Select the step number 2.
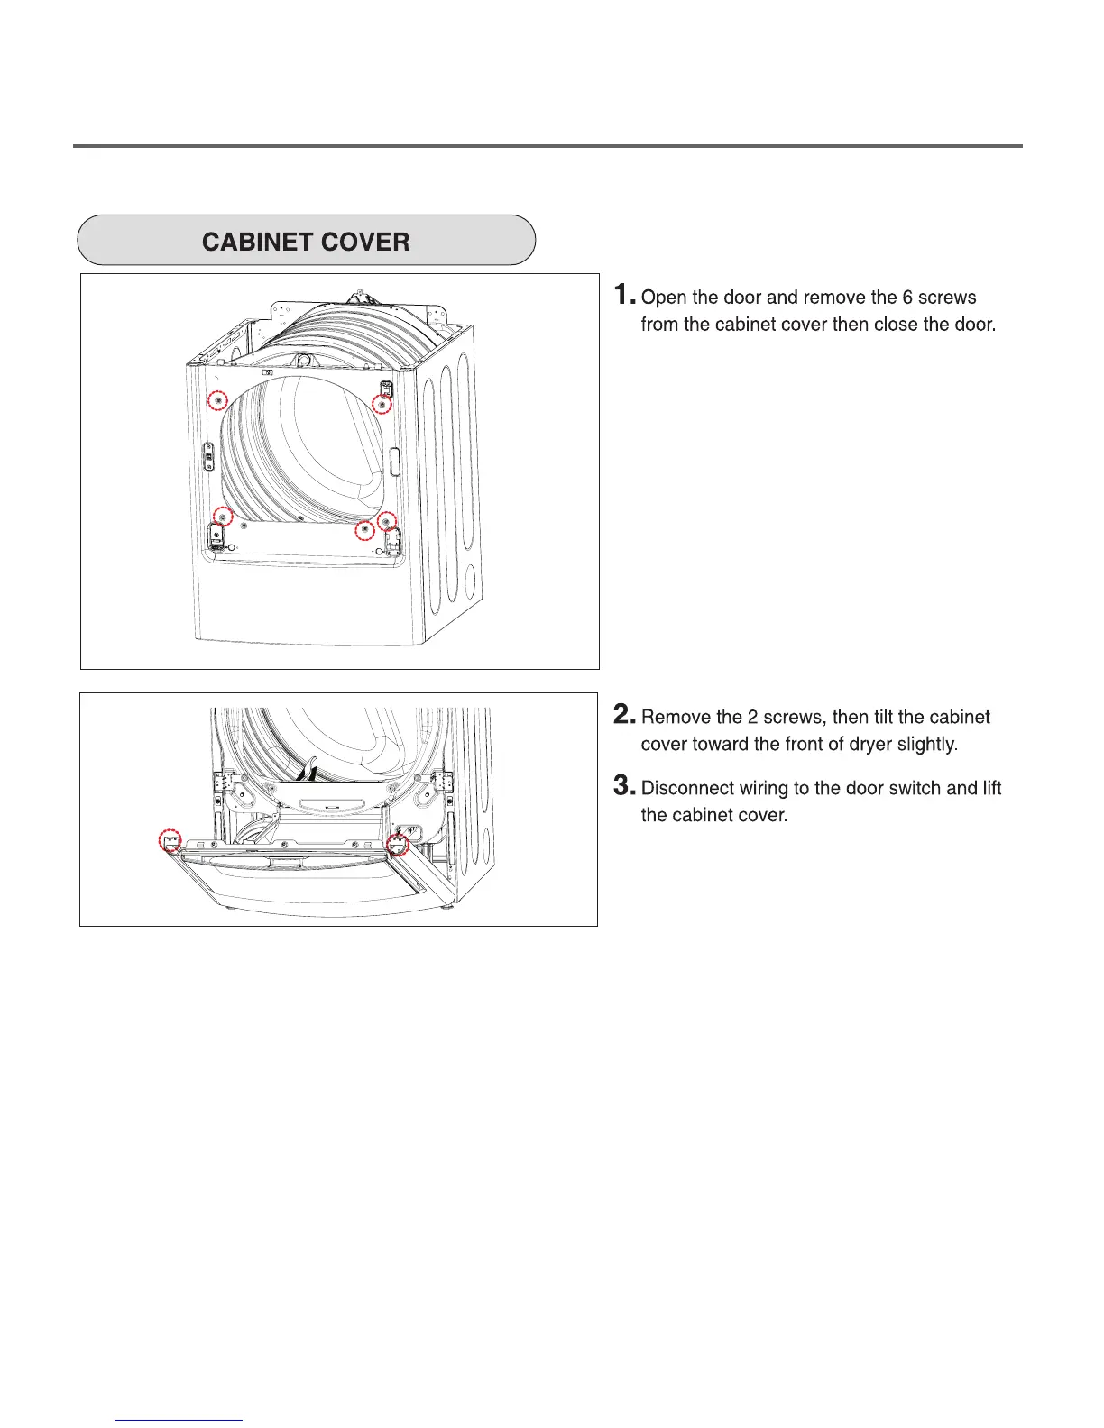pyautogui.click(x=624, y=715)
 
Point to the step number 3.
pyautogui.click(x=624, y=786)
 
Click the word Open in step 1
pyautogui.click(x=664, y=297)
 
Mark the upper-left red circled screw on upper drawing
pyautogui.click(x=217, y=400)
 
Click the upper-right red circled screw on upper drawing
pyautogui.click(x=382, y=405)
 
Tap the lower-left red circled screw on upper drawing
pyautogui.click(x=222, y=517)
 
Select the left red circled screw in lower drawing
pyautogui.click(x=170, y=840)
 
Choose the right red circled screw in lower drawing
pyautogui.click(x=398, y=845)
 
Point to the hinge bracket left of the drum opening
pyautogui.click(x=208, y=455)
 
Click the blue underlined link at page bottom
pyautogui.click(x=179, y=1420)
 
